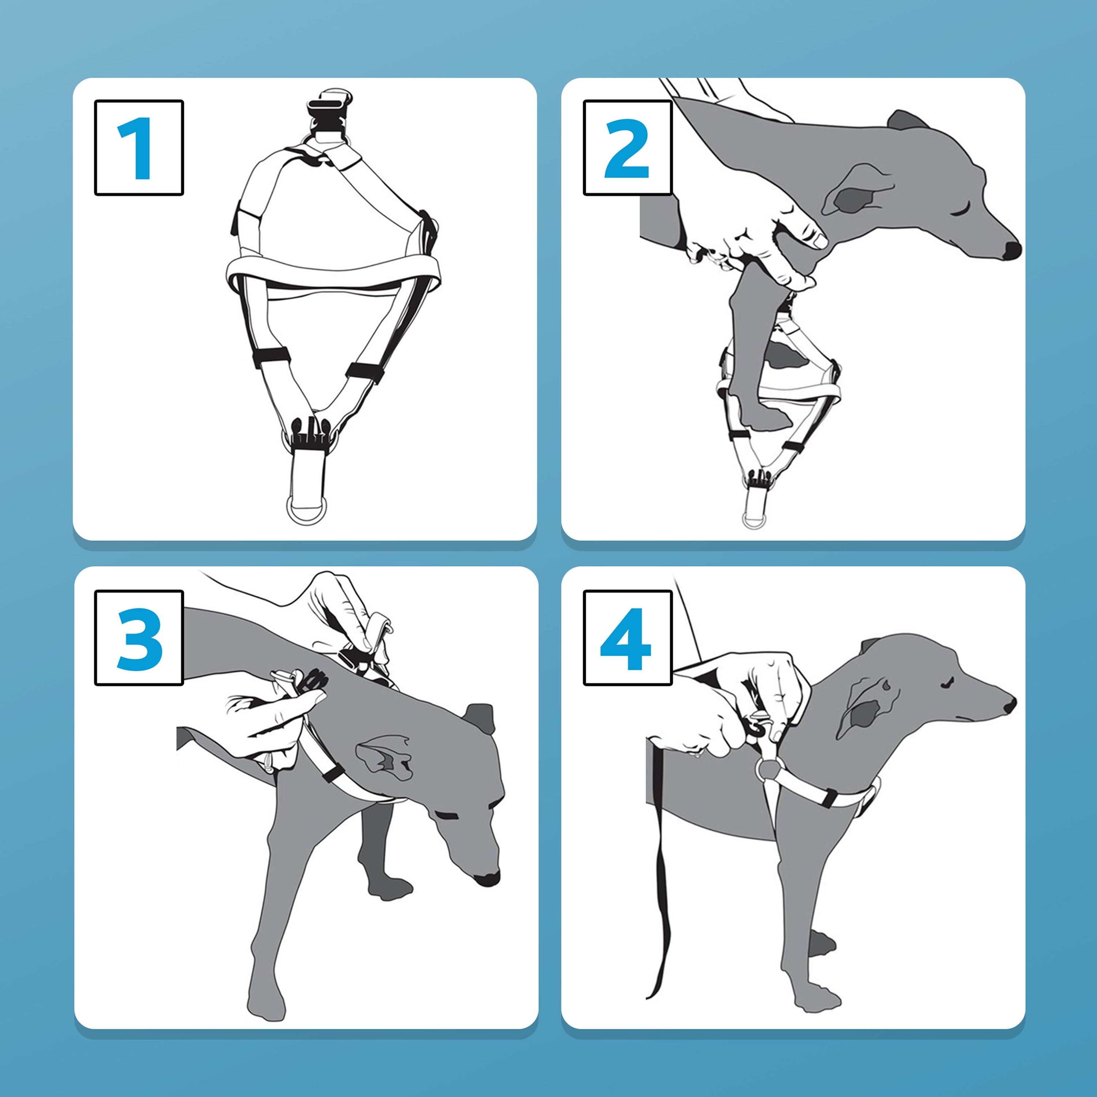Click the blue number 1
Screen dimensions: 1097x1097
[x=136, y=148]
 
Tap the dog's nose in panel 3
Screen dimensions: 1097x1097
[x=487, y=878]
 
